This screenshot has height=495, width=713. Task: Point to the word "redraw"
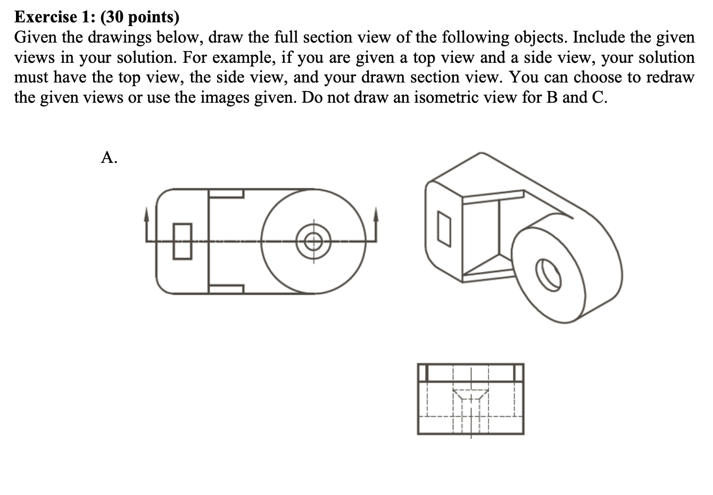670,77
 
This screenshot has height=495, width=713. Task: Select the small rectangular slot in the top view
182,241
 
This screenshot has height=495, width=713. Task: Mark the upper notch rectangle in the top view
226,193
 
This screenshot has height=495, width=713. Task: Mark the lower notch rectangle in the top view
226,288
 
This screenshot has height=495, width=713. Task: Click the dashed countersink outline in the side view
470,395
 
